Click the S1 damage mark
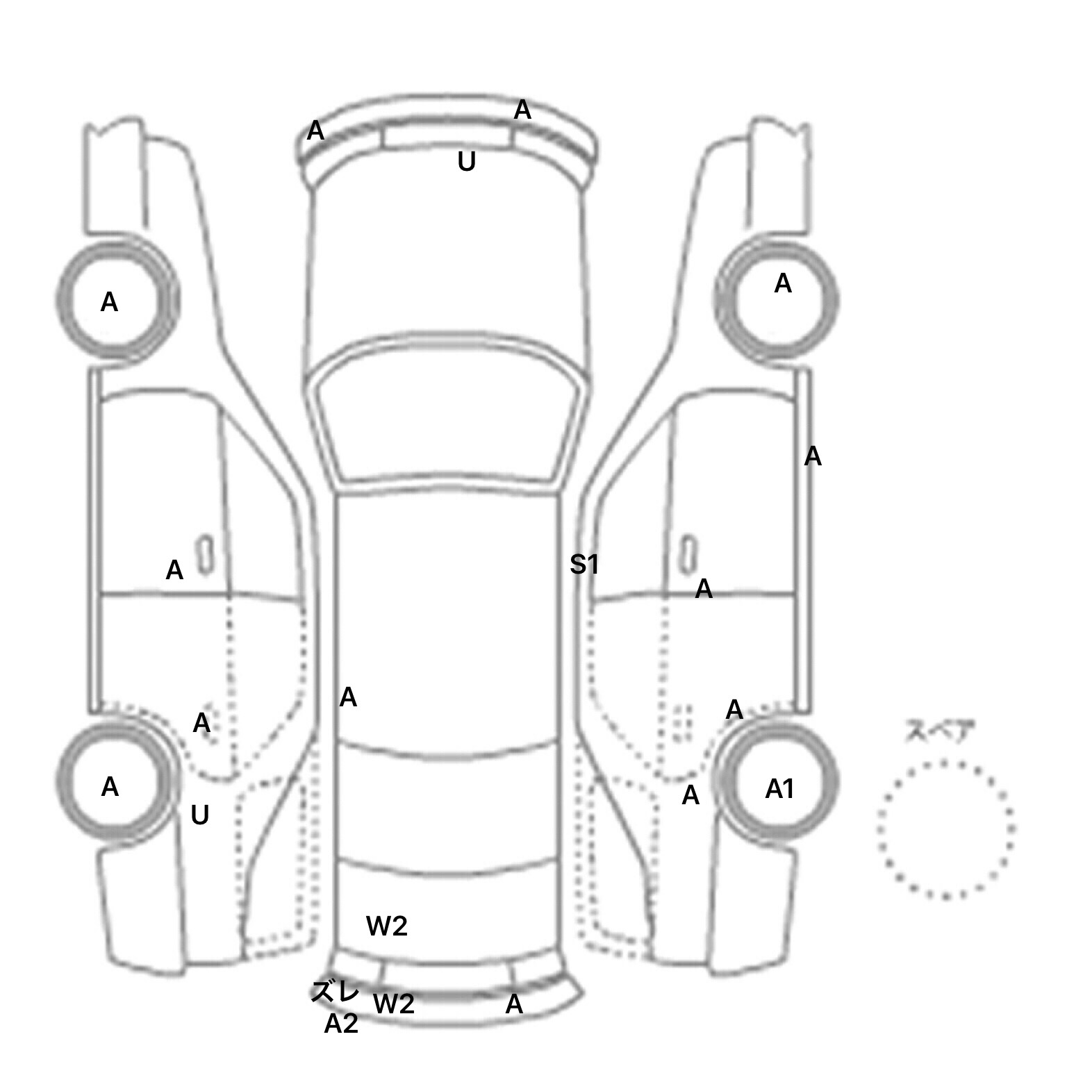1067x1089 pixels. tap(584, 565)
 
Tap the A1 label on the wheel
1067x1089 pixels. tap(779, 789)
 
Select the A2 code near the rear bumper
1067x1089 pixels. tap(341, 1024)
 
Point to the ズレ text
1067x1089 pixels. tap(334, 992)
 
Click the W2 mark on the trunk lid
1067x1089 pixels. tap(387, 925)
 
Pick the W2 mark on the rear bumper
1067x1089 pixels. tap(394, 1004)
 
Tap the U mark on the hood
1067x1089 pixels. tap(466, 163)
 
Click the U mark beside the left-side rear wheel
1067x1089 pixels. tap(199, 815)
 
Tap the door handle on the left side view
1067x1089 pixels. tap(205, 555)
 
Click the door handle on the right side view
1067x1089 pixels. tap(688, 555)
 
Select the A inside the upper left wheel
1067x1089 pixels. tap(109, 302)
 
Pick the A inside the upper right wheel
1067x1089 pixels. tap(783, 283)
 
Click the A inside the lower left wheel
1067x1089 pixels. tap(110, 787)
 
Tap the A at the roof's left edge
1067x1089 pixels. tap(348, 697)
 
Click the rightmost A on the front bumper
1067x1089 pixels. tap(522, 110)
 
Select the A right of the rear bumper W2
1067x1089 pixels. tap(514, 1004)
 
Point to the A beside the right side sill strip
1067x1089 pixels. tap(813, 457)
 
